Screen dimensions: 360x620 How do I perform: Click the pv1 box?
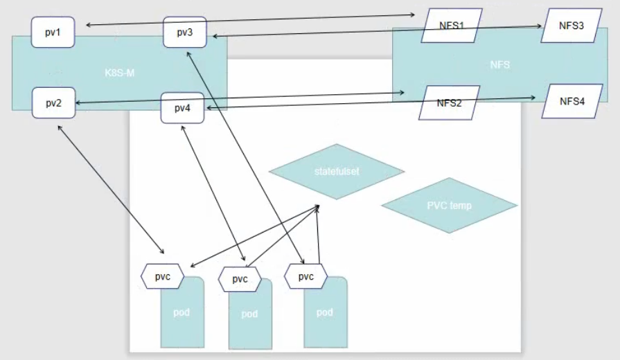(x=53, y=32)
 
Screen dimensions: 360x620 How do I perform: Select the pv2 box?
(x=53, y=103)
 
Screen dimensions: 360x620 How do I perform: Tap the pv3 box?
(x=184, y=32)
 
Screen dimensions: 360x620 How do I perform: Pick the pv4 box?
(x=183, y=108)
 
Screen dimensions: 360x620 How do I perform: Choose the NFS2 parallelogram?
(x=449, y=102)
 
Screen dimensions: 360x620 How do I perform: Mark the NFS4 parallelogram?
(x=572, y=102)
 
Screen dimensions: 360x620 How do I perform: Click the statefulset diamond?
(x=336, y=171)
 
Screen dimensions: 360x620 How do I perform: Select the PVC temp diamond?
(x=450, y=205)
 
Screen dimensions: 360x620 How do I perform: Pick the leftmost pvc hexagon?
(x=162, y=276)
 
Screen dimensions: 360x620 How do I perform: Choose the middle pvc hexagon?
(x=240, y=280)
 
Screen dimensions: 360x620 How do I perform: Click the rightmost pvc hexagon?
(x=305, y=276)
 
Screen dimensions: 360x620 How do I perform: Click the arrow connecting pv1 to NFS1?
(x=249, y=19)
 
